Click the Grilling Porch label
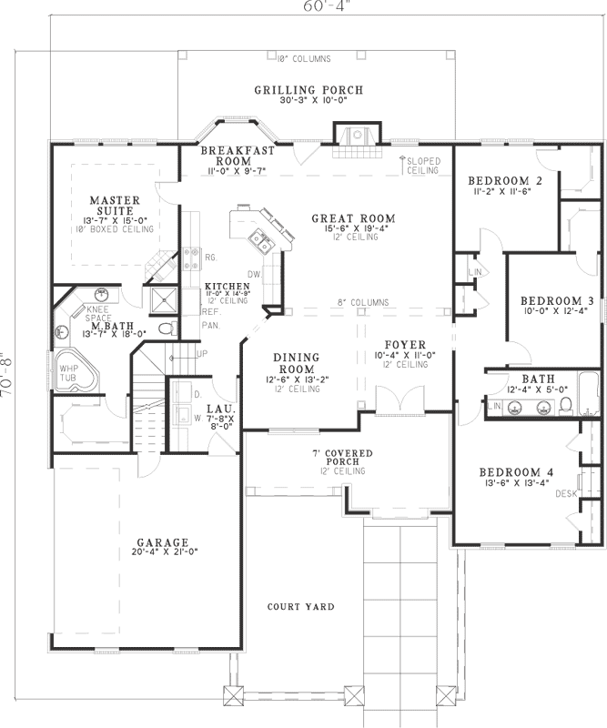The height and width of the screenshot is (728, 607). (309, 90)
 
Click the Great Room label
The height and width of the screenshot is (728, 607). (353, 218)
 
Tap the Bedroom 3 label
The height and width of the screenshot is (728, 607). (557, 301)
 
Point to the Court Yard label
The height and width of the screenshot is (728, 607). (300, 607)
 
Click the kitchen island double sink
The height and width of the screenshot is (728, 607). (260, 241)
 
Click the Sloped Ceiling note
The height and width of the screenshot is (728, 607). (424, 166)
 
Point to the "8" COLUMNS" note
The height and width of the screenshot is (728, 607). (363, 302)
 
